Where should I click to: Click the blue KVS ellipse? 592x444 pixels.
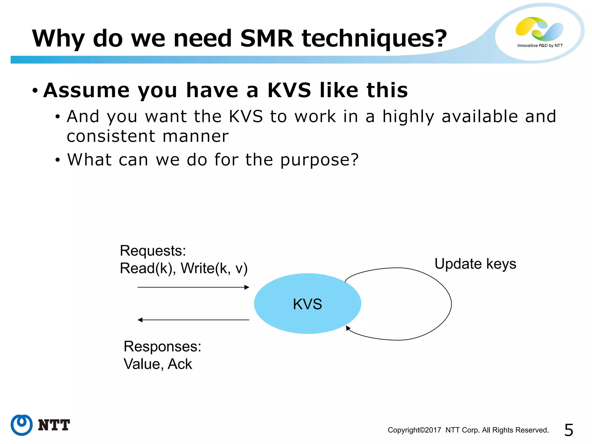point(307,304)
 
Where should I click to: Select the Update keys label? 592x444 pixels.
point(475,264)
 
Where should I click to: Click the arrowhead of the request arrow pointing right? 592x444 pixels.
point(247,287)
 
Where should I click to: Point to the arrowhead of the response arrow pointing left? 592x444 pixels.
point(140,320)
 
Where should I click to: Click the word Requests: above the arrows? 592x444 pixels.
point(153,251)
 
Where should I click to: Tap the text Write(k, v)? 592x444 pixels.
point(214,268)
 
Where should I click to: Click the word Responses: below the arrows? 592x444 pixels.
point(162,346)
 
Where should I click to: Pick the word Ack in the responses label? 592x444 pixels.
point(180,364)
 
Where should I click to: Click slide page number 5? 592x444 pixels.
point(569,430)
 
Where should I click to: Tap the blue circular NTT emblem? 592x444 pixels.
point(21,425)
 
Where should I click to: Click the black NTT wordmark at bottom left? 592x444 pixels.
point(54,425)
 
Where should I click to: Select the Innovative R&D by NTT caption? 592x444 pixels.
point(540,45)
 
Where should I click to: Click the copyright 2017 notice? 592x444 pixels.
point(468,430)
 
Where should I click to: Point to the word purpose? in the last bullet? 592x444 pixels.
point(319,160)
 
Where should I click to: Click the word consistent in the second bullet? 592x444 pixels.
point(111,136)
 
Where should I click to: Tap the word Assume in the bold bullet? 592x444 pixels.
point(86,90)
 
